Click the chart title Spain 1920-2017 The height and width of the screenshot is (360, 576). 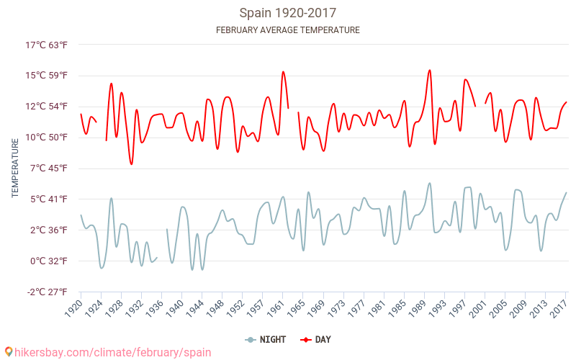[288, 13]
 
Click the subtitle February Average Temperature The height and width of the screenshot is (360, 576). [288, 30]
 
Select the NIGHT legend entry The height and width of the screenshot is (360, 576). [266, 339]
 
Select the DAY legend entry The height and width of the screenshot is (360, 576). [317, 339]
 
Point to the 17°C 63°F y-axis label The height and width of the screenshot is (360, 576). [47, 45]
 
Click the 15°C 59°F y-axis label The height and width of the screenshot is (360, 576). [47, 76]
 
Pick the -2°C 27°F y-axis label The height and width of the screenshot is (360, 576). [47, 292]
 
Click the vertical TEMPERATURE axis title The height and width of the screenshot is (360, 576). [15, 168]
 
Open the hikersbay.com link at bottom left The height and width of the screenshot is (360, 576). [108, 352]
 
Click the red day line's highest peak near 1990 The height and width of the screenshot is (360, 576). [430, 71]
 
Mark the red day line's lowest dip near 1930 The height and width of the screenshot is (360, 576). [132, 164]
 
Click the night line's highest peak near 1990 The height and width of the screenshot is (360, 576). [430, 183]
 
